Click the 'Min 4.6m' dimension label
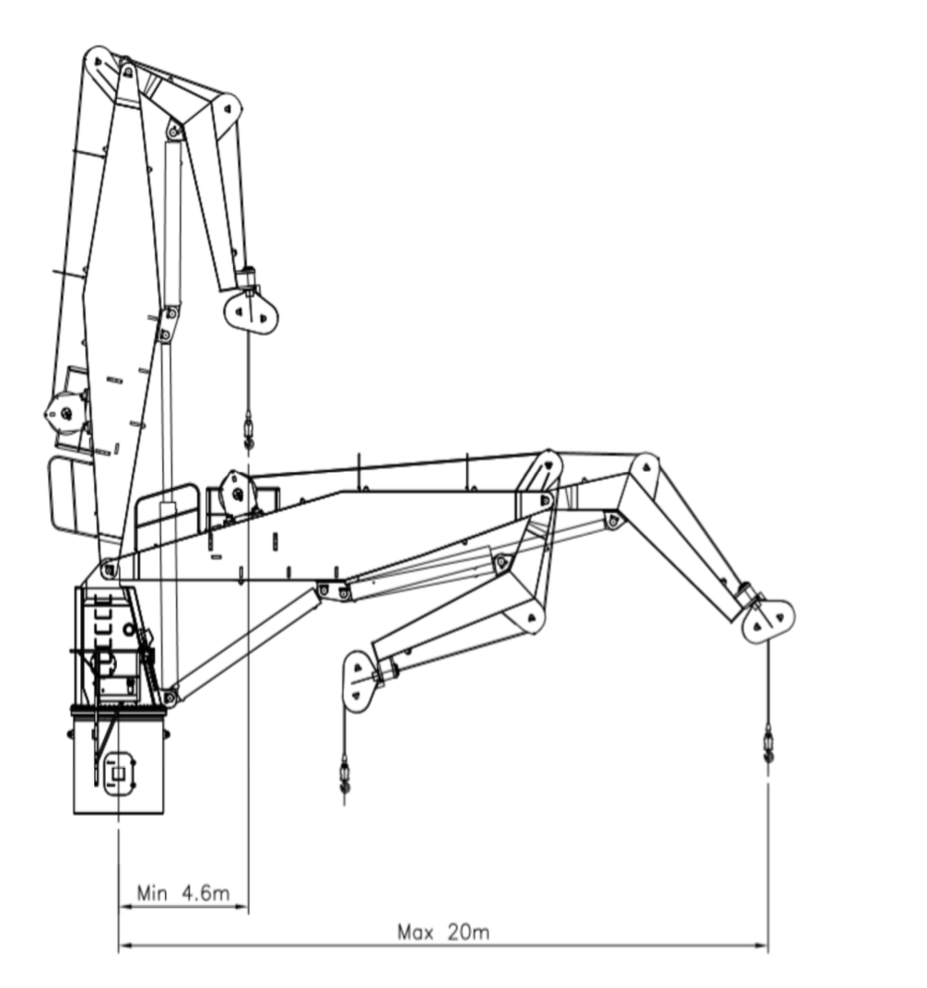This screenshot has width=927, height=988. coord(182,892)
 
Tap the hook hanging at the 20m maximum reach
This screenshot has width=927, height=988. coord(768,744)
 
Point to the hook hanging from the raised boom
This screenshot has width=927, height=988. coord(249,431)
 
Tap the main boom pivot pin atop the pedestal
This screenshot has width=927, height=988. coord(110,570)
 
